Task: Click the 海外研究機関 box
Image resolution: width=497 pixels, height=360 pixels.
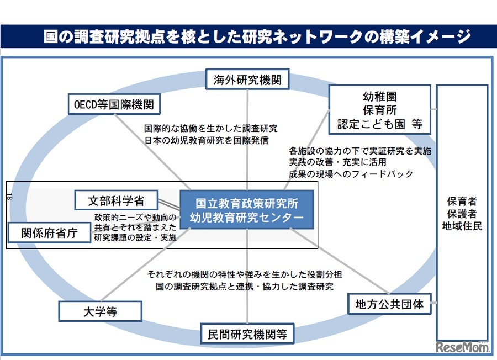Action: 247,80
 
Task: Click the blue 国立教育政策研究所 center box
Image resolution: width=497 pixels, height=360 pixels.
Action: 247,209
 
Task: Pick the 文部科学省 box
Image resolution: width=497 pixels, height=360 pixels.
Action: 116,199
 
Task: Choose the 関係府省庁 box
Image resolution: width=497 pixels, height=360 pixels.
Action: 49,232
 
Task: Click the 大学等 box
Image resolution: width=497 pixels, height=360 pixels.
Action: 100,311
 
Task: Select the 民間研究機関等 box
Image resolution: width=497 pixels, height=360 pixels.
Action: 247,333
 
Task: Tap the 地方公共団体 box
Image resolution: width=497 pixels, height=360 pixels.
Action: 390,304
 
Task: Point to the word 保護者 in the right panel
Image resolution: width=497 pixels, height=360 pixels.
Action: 462,213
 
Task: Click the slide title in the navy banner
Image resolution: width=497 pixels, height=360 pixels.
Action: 248,37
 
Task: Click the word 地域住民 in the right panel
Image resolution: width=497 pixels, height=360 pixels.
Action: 462,225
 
